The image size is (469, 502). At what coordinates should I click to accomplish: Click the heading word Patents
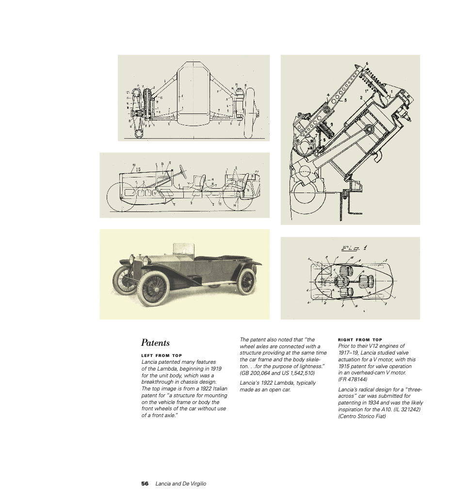(155, 342)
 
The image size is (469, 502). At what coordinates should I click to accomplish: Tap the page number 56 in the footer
(145, 484)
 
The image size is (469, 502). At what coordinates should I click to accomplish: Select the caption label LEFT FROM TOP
(162, 356)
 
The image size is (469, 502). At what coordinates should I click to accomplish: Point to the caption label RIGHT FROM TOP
(360, 340)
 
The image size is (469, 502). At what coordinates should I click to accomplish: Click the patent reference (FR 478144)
(353, 379)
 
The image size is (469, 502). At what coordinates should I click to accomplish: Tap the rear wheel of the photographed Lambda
(246, 281)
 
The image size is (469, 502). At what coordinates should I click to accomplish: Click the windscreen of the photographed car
(183, 249)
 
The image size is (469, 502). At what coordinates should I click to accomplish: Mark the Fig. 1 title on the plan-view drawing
(354, 248)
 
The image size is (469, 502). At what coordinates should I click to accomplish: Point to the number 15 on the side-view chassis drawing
(138, 169)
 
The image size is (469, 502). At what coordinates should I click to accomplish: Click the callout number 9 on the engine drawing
(331, 124)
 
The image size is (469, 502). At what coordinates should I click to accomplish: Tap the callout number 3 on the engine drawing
(345, 100)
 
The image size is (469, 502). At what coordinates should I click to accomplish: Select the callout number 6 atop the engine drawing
(367, 64)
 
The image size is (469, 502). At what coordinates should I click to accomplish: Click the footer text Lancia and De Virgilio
(180, 484)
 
